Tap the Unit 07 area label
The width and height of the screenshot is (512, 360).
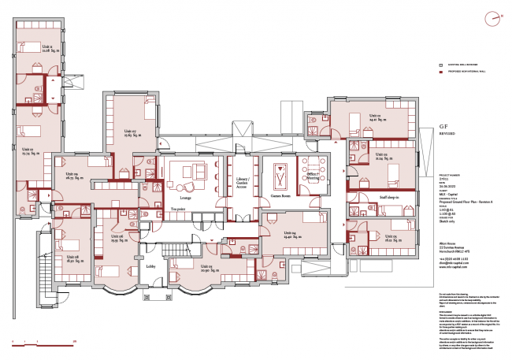[131, 133]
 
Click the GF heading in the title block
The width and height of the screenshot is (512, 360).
[443, 126]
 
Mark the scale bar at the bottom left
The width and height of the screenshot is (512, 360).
[43, 340]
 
